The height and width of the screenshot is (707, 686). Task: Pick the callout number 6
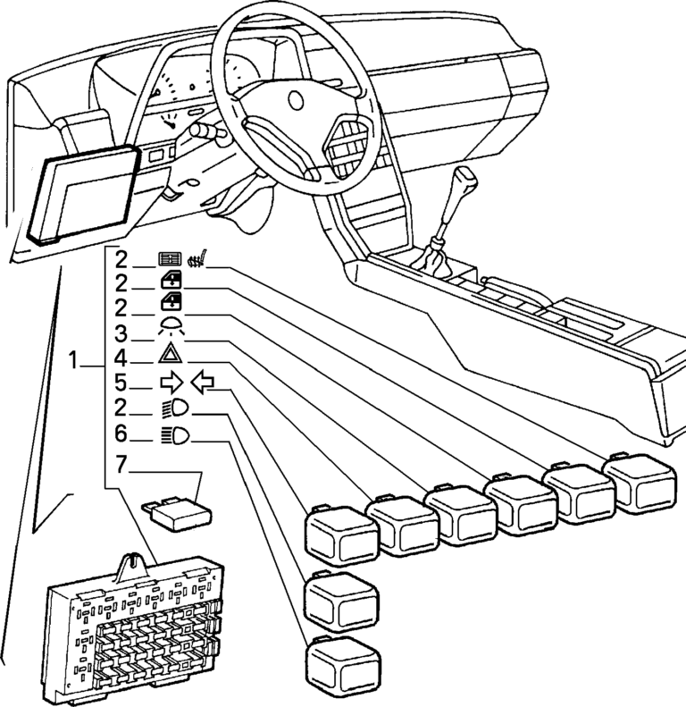coord(121,436)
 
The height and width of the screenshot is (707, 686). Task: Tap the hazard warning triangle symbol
coord(170,356)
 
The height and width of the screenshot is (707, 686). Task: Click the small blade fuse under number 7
coord(180,511)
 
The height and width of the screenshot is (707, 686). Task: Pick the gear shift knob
coord(465,179)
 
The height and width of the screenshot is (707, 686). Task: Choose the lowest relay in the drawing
coord(343,666)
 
